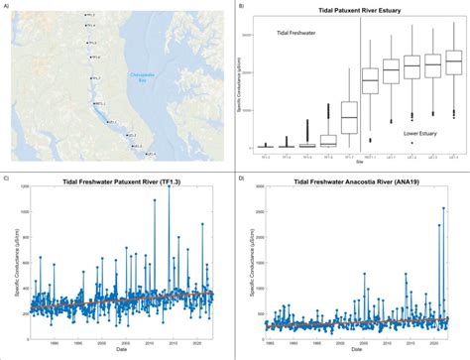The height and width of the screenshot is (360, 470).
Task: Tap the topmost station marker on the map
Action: coord(82,18)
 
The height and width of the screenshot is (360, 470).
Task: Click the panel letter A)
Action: coord(7,5)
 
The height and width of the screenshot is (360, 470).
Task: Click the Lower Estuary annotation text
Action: coord(422,132)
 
